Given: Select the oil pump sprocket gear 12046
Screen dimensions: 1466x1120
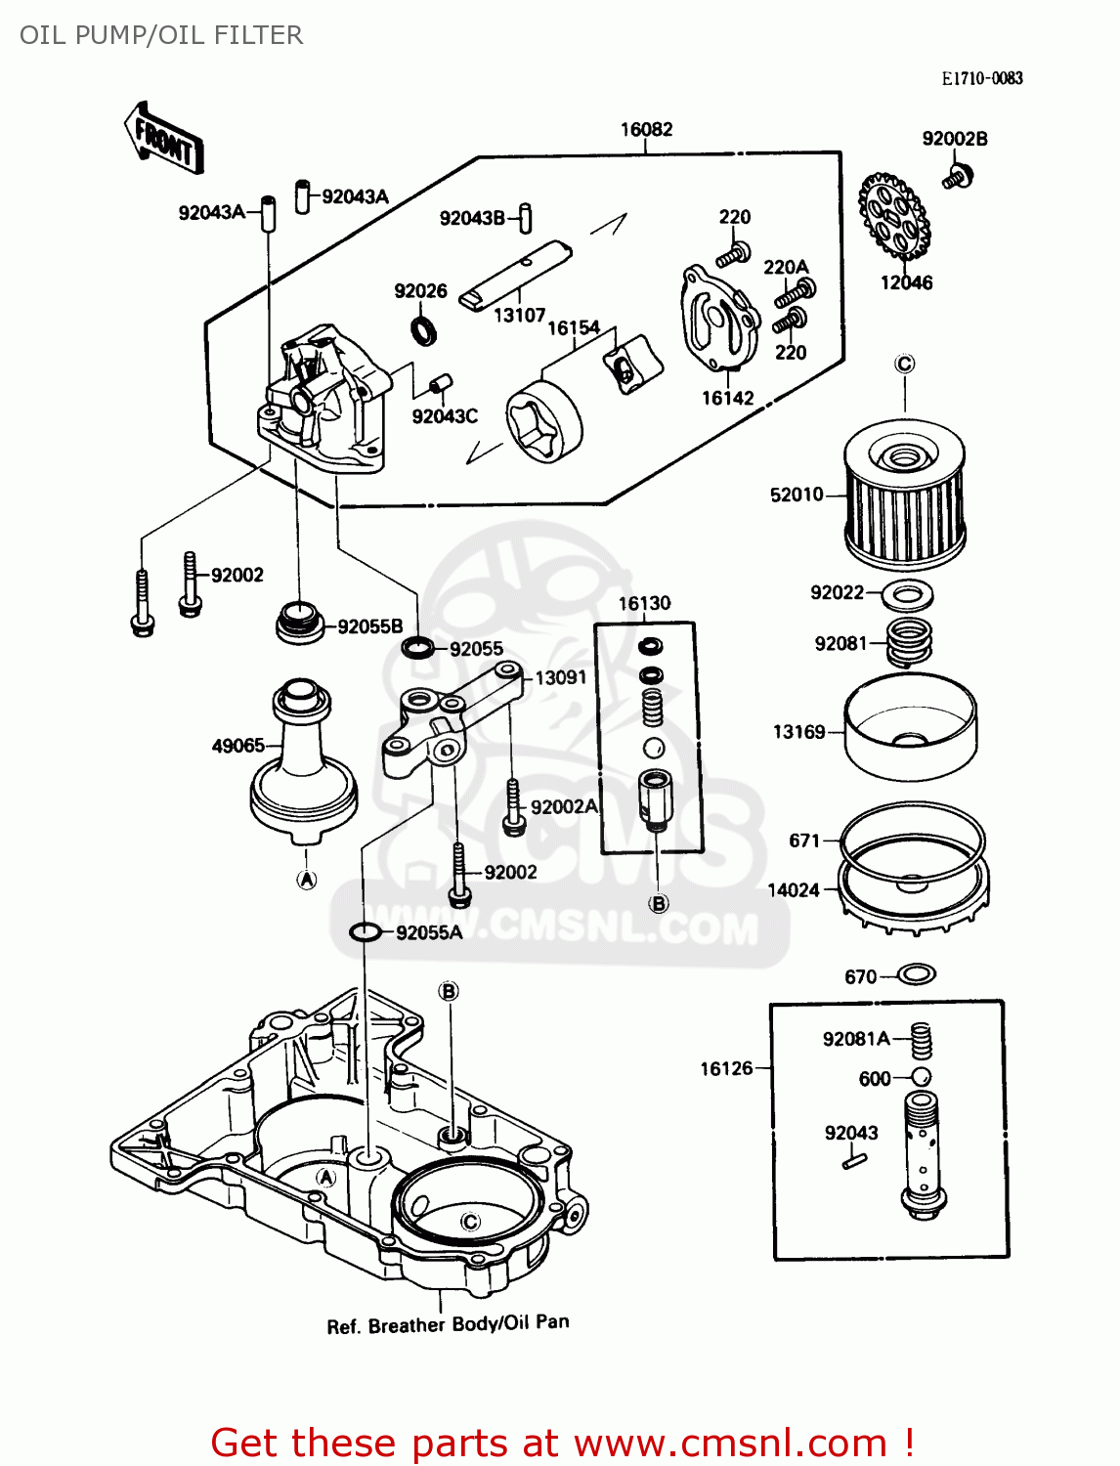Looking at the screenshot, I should coord(894,217).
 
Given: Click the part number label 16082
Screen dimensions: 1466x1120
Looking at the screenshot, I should coord(646,130).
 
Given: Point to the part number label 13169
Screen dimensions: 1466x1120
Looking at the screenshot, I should coord(798,732).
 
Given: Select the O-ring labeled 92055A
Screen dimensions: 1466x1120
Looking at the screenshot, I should coord(365,932).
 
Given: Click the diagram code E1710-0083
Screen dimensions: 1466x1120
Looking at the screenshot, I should coord(981,78).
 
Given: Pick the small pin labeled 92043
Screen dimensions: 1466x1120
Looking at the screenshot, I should coord(851,1161).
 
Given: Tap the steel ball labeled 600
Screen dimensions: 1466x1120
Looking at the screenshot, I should coord(920,1077).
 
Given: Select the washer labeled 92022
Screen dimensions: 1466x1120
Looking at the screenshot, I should coord(908,593).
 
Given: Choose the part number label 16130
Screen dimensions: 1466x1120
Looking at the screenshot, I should coord(644,604).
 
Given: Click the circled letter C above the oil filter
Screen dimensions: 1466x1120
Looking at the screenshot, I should coord(905,365).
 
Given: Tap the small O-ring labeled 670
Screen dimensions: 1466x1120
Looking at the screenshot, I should coord(916,974).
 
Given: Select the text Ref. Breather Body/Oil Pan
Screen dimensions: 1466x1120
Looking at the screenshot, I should coord(448,1324).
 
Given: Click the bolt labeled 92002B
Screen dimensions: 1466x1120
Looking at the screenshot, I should coord(958,178).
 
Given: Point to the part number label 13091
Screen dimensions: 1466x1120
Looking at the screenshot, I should coord(560,677).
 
